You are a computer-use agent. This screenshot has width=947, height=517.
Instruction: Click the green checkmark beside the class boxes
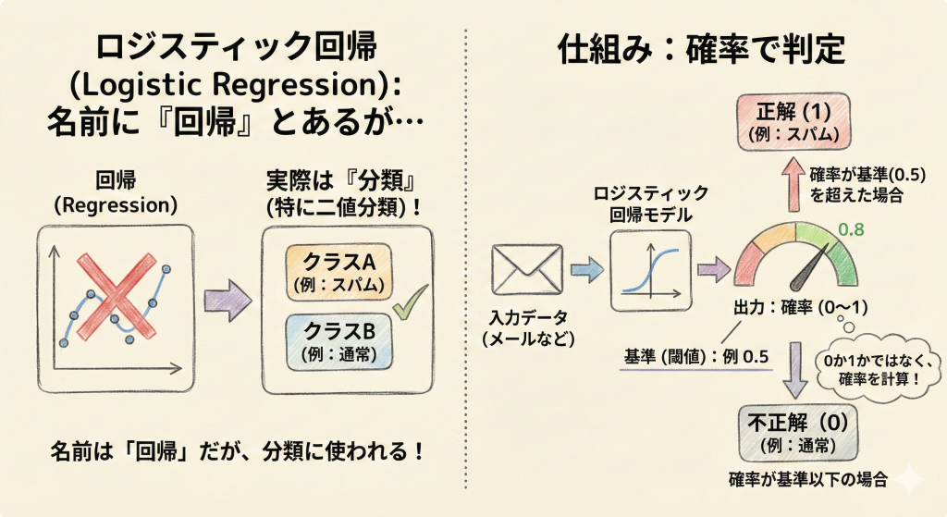pos(409,301)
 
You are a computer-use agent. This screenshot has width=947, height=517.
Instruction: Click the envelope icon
pos(528,269)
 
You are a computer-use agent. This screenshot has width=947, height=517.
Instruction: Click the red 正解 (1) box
pos(796,119)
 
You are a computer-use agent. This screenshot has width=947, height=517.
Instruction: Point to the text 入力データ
pos(529,319)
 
